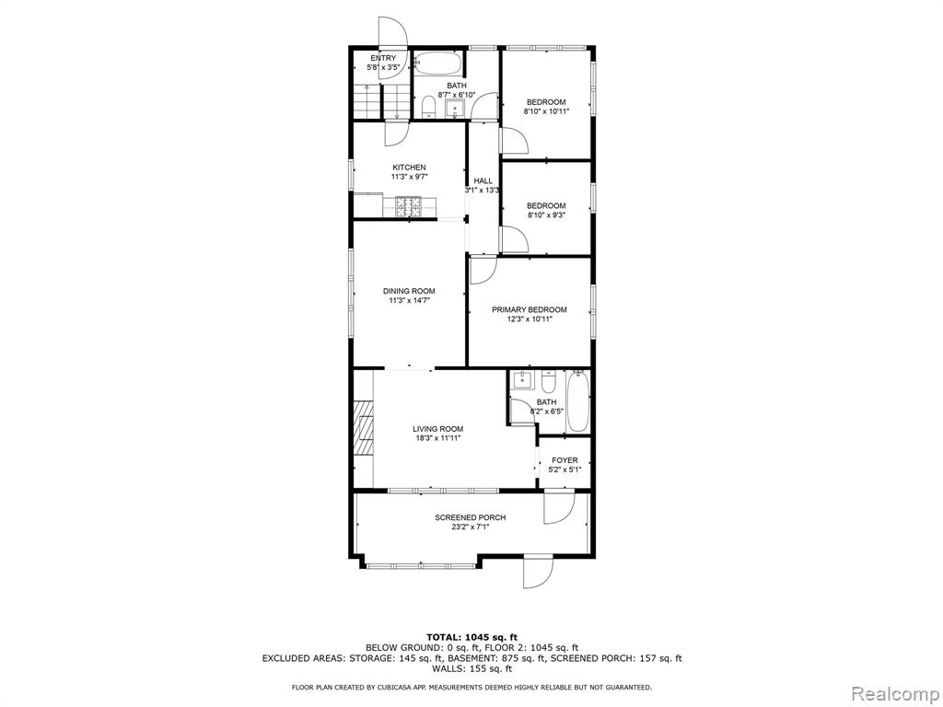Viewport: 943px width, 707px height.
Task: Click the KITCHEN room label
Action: pyautogui.click(x=409, y=168)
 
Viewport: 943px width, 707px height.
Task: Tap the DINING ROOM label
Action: pyautogui.click(x=409, y=291)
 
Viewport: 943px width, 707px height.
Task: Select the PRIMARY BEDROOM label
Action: pyautogui.click(x=530, y=309)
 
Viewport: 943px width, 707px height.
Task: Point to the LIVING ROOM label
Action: pyautogui.click(x=437, y=429)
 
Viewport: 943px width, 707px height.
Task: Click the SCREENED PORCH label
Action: pyautogui.click(x=471, y=517)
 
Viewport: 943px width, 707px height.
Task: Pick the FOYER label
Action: pyautogui.click(x=565, y=460)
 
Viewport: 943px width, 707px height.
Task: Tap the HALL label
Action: pyautogui.click(x=483, y=180)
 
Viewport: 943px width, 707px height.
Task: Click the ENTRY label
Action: pyautogui.click(x=383, y=58)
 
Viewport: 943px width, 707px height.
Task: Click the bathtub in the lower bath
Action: pyautogui.click(x=577, y=401)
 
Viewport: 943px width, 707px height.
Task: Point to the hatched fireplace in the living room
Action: pyautogui.click(x=363, y=429)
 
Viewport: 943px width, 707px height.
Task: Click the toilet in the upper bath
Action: pyautogui.click(x=428, y=107)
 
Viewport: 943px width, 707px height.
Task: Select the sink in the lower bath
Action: pyautogui.click(x=522, y=380)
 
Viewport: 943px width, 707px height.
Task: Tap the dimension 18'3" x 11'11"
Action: pyautogui.click(x=437, y=438)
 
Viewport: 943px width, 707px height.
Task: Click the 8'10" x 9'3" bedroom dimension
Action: pyautogui.click(x=546, y=214)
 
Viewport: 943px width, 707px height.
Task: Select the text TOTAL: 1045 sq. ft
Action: pyautogui.click(x=472, y=637)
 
